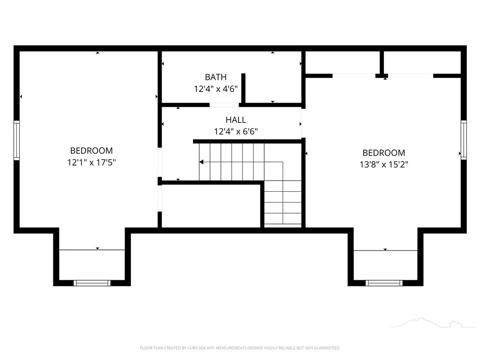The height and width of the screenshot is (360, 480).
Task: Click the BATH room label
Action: (216, 77)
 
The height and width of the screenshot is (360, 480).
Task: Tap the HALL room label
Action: (236, 120)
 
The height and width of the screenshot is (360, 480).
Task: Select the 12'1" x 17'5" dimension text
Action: (91, 162)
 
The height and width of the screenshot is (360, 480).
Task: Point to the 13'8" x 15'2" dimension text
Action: (384, 165)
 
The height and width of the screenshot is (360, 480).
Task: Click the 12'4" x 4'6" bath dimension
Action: (216, 89)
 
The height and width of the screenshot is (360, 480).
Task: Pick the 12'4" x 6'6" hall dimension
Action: (236, 131)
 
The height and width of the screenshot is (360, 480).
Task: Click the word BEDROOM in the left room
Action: (91, 150)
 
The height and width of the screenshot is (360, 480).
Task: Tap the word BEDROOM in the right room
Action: (384, 153)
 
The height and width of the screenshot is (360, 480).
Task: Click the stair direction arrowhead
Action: (202, 162)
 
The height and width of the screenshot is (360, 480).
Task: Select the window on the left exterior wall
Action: (16, 140)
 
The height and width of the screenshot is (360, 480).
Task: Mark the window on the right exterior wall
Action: (464, 140)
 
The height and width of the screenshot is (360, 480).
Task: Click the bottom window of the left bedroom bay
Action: (92, 283)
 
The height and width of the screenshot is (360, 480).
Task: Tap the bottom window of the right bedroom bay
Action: (384, 283)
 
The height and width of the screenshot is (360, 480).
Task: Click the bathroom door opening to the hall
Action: (224, 105)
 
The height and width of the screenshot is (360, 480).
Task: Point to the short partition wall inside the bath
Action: (243, 88)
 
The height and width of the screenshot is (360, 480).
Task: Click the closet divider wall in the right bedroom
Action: (382, 63)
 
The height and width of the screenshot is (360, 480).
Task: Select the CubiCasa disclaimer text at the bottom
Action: (240, 348)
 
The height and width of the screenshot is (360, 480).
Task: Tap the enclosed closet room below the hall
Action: (211, 206)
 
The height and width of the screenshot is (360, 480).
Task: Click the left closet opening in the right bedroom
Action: (354, 75)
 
